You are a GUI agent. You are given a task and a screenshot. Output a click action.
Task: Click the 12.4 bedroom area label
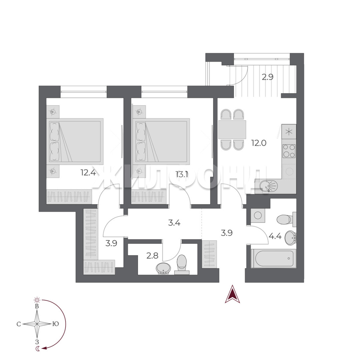pyautogui.click(x=88, y=172)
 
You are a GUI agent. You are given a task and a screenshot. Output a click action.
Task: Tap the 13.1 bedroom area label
pyautogui.click(x=182, y=175)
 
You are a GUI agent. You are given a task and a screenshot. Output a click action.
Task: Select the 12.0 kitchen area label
pyautogui.click(x=259, y=143)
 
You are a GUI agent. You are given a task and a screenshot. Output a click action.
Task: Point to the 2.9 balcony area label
pyautogui.click(x=268, y=77)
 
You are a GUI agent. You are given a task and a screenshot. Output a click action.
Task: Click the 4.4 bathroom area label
pyautogui.click(x=275, y=236)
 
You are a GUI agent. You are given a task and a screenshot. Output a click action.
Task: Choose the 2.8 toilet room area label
pyautogui.click(x=152, y=255)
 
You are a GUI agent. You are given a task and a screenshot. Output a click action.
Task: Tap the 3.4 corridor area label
pyautogui.click(x=174, y=222)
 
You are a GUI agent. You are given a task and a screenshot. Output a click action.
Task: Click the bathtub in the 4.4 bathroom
pyautogui.click(x=273, y=259)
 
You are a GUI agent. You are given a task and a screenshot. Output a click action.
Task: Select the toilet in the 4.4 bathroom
pyautogui.click(x=286, y=219)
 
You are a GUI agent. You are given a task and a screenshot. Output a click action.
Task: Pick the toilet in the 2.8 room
pyautogui.click(x=182, y=264)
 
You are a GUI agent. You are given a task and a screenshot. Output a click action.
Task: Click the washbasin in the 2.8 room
pyautogui.click(x=163, y=268)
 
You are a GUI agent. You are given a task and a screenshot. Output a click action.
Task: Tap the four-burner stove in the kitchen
pyautogui.click(x=289, y=151)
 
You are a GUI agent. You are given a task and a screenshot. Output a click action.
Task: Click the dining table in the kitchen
pyautogui.click(x=232, y=129)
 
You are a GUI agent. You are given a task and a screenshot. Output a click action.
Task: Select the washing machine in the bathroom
pyautogui.click(x=258, y=215)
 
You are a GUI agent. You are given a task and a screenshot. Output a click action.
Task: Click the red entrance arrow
pyautogui.click(x=232, y=294)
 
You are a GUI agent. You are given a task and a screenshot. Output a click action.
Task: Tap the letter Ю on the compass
pyautogui.click(x=56, y=324)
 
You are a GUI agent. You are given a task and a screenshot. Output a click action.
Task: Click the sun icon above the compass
pyautogui.click(x=37, y=300)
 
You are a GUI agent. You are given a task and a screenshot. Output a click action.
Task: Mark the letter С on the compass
pyautogui.click(x=19, y=324)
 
